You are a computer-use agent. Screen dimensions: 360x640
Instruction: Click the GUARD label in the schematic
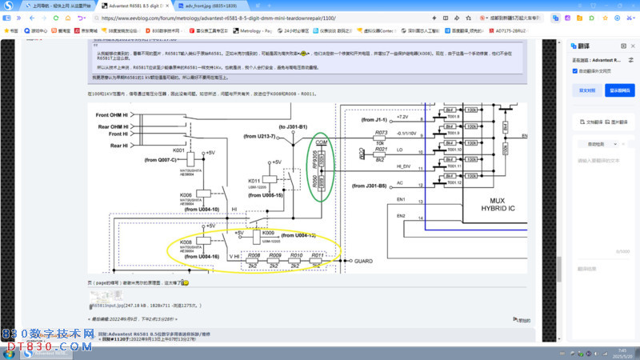[x=363, y=261]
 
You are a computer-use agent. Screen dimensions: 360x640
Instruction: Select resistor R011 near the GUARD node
[x=317, y=255]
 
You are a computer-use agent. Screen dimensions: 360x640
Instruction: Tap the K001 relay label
[x=178, y=150]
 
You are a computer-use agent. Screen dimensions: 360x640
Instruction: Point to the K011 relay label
[x=254, y=180]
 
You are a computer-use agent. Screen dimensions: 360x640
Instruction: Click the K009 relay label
[x=267, y=233]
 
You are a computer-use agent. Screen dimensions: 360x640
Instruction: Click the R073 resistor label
[x=381, y=132]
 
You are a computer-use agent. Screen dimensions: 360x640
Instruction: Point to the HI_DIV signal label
[x=382, y=166]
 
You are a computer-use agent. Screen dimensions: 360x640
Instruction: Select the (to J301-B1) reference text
[x=293, y=127]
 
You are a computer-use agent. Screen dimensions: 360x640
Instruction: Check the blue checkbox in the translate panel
[x=575, y=70]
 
